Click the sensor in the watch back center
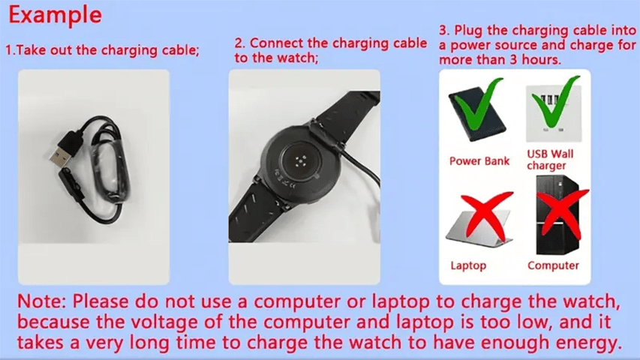coord(301,160)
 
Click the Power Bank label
coord(479,161)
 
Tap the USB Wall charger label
coord(549,160)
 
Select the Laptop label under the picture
coord(468,265)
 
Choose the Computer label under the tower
coord(553,265)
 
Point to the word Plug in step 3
coord(468,31)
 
